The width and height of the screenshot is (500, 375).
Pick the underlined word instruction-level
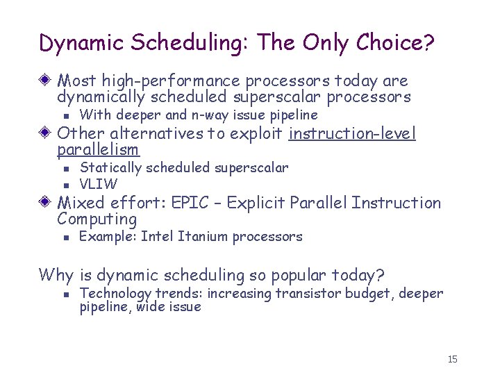[352, 133]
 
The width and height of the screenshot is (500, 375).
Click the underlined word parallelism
[98, 150]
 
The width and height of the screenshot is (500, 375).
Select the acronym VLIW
[99, 184]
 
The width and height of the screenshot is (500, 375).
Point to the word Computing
[97, 219]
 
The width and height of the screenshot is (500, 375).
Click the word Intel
[158, 237]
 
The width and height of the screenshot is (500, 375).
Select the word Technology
[116, 294]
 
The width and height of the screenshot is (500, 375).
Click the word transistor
[304, 294]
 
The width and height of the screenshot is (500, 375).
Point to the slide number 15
[453, 359]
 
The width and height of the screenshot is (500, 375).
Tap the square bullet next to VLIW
[63, 185]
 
